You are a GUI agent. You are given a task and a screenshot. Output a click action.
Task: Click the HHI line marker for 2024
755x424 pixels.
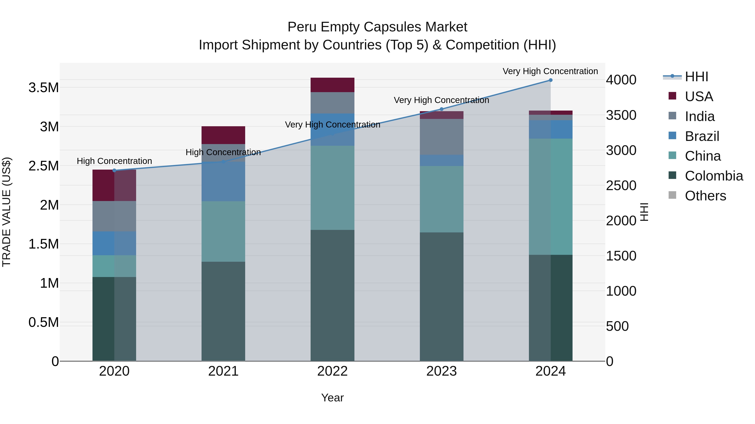[551, 80]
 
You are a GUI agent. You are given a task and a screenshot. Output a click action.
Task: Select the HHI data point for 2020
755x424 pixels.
[114, 170]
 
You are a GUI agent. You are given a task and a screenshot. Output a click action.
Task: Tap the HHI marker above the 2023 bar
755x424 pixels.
[441, 109]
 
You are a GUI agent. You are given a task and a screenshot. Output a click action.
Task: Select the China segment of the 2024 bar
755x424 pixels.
[551, 196]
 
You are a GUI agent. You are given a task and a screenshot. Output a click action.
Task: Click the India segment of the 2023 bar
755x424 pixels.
[441, 137]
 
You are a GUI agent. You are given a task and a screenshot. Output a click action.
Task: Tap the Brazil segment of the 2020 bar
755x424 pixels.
[114, 243]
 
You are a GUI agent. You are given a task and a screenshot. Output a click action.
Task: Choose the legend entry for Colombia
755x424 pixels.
[713, 176]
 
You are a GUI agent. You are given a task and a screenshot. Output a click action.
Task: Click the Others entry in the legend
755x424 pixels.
[705, 196]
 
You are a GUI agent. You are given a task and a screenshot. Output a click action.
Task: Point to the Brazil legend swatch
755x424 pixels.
[672, 136]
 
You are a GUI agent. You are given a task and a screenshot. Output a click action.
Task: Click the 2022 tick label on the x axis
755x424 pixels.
[332, 371]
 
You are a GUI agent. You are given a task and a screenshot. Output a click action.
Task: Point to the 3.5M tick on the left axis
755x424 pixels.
[44, 88]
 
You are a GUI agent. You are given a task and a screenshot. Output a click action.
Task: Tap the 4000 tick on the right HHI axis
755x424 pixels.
[621, 80]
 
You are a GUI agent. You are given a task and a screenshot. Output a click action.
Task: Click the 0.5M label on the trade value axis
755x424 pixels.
[44, 322]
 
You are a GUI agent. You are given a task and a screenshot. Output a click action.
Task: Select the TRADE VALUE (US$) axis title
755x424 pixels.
[7, 212]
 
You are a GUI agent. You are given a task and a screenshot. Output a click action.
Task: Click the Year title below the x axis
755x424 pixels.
[332, 398]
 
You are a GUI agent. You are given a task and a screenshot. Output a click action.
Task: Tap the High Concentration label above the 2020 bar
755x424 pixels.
[114, 161]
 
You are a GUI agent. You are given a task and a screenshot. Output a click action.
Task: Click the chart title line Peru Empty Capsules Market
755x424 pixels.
[377, 27]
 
